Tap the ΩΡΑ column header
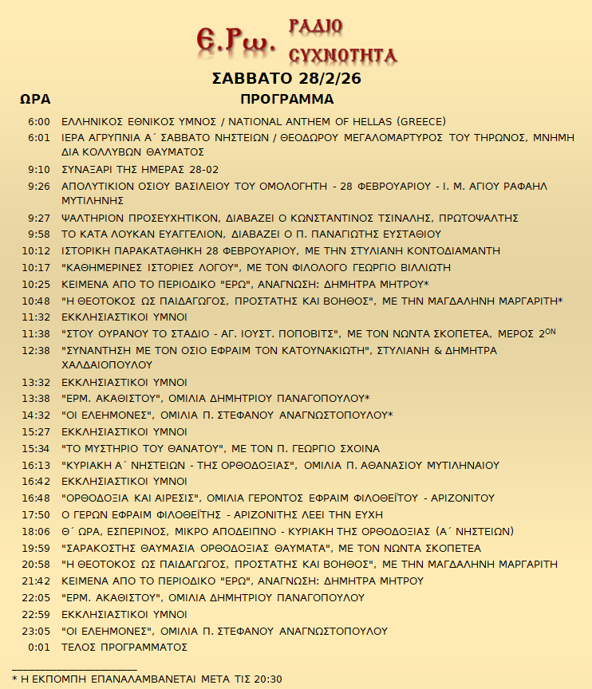(x=35, y=100)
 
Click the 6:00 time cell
(x=39, y=122)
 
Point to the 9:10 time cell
(x=39, y=170)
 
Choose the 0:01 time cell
(x=39, y=647)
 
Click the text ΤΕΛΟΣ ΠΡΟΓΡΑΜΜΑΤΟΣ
(x=124, y=647)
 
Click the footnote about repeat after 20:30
(x=147, y=679)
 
